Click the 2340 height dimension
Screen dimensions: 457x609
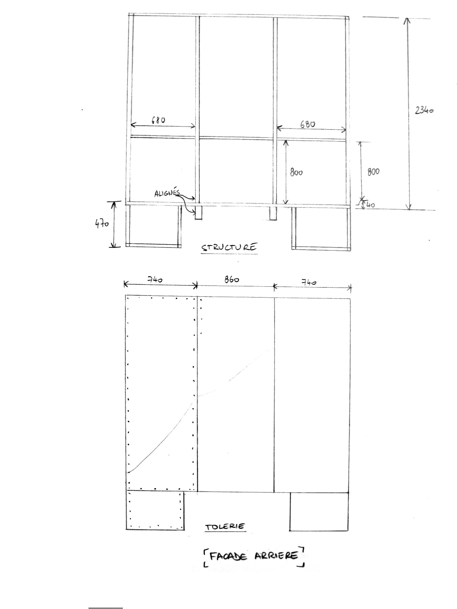click(424, 110)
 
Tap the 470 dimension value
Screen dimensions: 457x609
click(102, 223)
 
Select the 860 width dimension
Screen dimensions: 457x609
click(232, 280)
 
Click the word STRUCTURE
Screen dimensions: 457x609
click(229, 247)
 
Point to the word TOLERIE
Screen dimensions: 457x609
click(225, 527)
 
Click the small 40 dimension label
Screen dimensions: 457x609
click(370, 205)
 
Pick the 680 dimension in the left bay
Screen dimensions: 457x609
click(159, 120)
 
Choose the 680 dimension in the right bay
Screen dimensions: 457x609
click(308, 124)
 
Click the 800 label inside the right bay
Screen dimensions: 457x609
click(296, 172)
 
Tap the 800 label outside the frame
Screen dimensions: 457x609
click(373, 172)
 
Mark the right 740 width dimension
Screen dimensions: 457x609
click(309, 282)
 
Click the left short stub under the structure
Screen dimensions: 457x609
click(198, 213)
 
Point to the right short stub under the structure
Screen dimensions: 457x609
click(273, 213)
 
